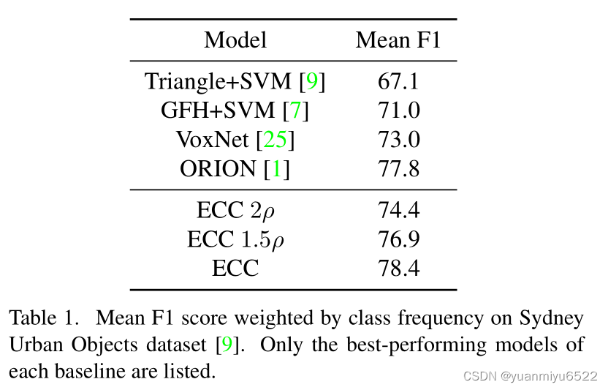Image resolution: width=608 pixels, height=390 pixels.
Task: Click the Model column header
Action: [235, 40]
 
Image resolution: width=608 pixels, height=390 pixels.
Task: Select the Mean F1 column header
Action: [398, 40]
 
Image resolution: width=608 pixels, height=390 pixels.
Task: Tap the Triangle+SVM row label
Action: [218, 81]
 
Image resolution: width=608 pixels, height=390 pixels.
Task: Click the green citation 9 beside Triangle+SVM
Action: [312, 81]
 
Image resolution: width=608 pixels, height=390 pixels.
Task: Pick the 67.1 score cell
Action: [398, 81]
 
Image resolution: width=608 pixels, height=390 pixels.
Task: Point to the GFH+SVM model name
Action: [218, 110]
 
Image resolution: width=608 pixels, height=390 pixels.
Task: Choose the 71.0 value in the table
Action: [398, 110]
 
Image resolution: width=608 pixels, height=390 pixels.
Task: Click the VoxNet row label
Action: [212, 140]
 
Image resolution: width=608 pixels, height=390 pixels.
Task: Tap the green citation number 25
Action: [275, 140]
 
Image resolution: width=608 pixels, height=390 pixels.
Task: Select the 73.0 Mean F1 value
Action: [398, 140]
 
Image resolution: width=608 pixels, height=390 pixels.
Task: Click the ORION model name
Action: [218, 168]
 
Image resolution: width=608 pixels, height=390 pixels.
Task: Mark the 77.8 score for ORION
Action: [398, 168]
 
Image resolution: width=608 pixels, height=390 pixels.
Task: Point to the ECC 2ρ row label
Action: [235, 211]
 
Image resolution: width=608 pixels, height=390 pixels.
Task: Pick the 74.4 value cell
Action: [398, 210]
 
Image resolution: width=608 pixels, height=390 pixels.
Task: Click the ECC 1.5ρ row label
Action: [235, 240]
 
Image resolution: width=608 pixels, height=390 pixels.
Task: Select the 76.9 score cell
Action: [398, 239]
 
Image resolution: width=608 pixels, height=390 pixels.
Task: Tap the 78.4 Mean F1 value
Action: [398, 269]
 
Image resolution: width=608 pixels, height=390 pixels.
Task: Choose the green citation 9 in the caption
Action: [227, 345]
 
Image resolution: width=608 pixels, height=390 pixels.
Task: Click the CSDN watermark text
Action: [530, 376]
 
